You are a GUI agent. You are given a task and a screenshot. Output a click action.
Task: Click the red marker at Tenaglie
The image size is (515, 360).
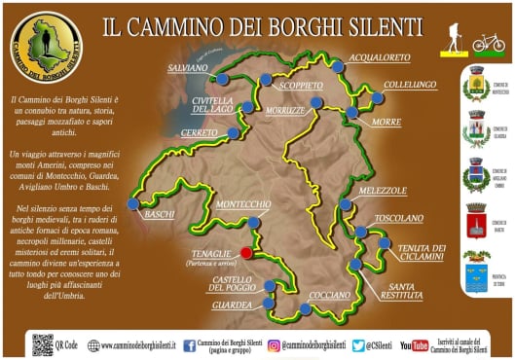246,253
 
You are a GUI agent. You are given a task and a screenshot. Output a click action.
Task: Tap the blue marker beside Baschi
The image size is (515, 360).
134,204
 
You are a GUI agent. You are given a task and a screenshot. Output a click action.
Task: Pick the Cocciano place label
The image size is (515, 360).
329,295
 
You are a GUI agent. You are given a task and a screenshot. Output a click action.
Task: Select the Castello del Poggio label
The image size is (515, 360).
234,284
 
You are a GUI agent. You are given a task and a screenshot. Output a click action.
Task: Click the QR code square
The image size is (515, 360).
42,343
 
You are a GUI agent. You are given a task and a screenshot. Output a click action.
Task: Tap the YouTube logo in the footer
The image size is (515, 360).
414,344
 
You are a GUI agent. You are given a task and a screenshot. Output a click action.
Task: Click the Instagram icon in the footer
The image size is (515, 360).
275,344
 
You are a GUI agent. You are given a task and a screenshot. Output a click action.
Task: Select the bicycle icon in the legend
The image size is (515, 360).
489,43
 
